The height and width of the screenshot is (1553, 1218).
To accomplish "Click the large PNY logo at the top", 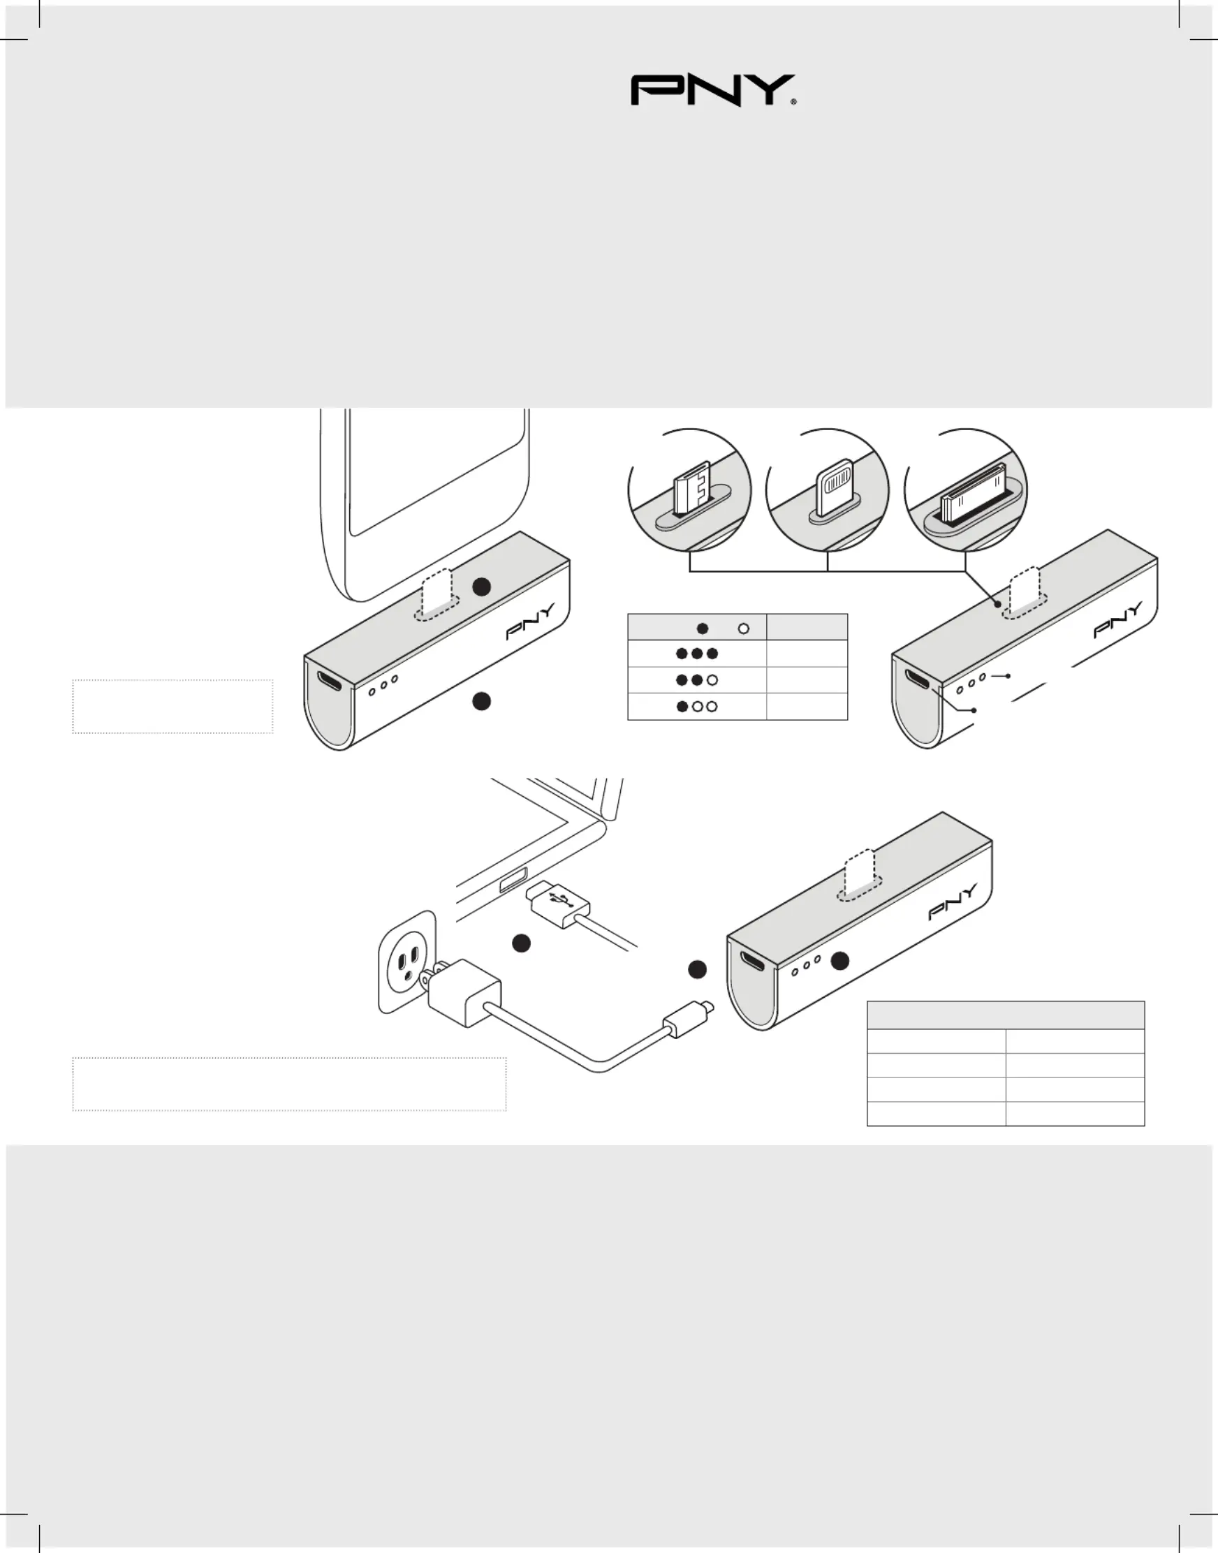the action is tap(713, 90).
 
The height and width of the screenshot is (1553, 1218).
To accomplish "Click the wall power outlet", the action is tap(406, 960).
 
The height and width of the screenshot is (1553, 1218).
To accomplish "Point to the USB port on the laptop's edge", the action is tap(514, 881).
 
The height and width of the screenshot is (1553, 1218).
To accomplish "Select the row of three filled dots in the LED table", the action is tap(697, 653).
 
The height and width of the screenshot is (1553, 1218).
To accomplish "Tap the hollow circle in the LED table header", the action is tap(744, 629).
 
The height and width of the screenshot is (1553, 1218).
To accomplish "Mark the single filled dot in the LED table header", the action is tap(703, 629).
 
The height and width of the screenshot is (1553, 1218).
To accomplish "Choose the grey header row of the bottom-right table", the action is tap(1006, 1015).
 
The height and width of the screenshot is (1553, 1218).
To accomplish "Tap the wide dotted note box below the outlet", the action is tap(290, 1084).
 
